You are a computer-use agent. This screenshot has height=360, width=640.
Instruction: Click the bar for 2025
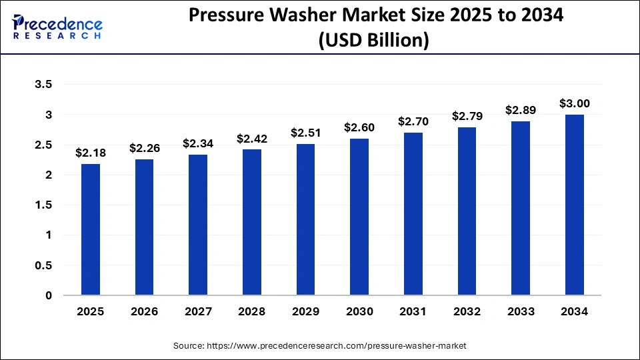click(91, 229)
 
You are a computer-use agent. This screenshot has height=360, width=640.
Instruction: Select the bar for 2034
click(575, 205)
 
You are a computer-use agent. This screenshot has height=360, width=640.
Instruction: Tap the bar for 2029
click(306, 219)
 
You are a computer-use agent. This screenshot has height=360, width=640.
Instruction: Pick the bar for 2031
click(413, 214)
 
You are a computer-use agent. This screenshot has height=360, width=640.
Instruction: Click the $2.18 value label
click(91, 153)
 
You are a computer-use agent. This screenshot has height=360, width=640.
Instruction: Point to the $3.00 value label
click(575, 104)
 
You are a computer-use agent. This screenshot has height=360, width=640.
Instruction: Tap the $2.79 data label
click(467, 117)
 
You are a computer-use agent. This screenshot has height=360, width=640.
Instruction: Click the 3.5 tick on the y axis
click(42, 85)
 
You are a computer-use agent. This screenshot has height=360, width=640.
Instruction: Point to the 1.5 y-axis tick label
click(42, 205)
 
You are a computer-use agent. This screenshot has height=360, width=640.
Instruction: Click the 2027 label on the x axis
click(198, 311)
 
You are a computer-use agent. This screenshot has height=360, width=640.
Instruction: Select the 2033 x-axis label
click(521, 311)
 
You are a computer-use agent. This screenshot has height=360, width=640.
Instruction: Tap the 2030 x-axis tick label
click(360, 311)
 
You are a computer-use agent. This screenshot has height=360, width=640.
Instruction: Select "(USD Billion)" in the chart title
click(373, 41)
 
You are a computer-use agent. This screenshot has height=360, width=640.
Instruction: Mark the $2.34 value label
click(198, 144)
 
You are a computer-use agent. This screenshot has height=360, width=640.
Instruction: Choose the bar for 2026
click(145, 227)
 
